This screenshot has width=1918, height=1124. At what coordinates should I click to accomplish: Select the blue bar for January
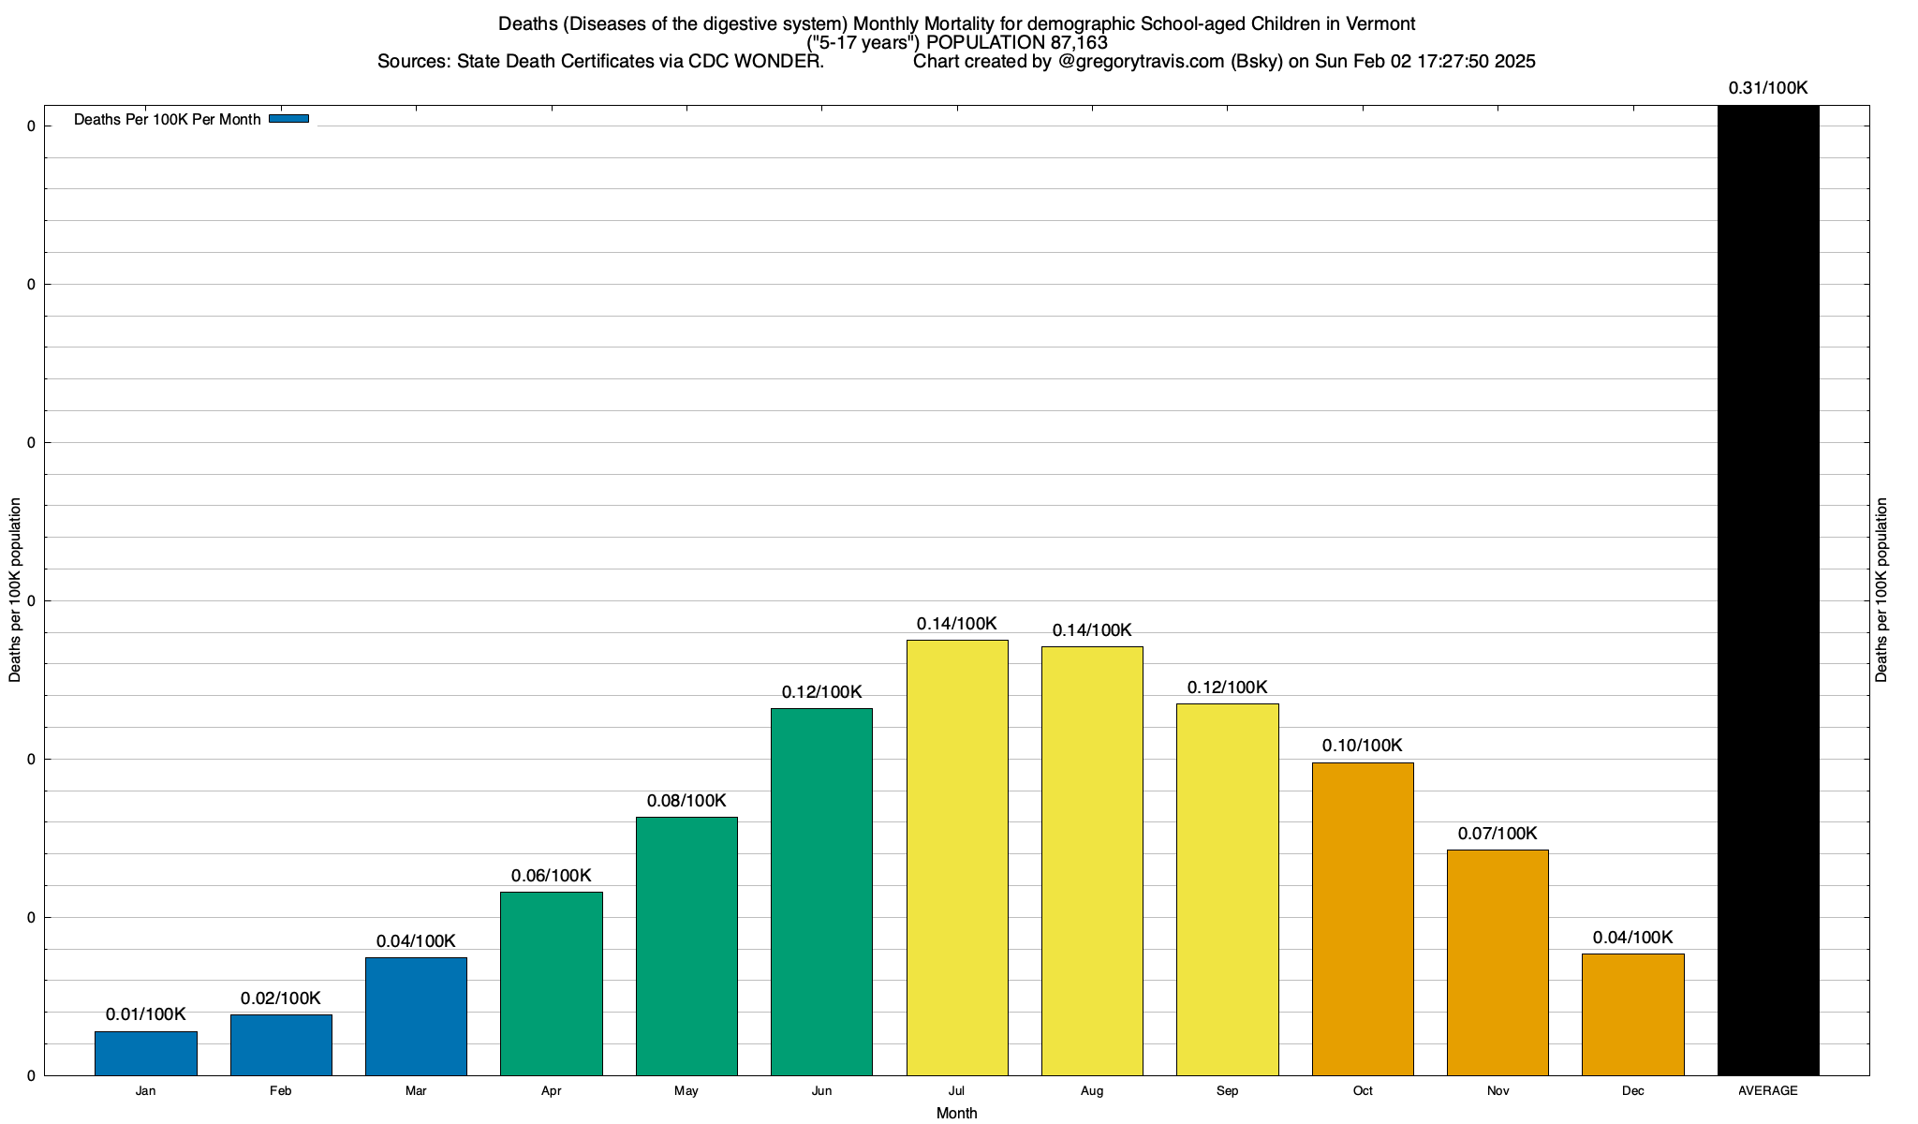click(x=145, y=1053)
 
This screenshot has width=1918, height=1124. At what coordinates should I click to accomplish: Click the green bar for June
click(x=821, y=892)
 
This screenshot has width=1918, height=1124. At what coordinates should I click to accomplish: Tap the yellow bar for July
click(x=957, y=857)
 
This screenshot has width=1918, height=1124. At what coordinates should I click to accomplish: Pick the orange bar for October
click(x=1363, y=919)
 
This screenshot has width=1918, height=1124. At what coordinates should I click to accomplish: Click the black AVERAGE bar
click(x=1768, y=590)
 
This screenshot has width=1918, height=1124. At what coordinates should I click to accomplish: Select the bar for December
click(x=1632, y=1014)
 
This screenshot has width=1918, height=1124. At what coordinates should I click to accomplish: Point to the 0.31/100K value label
click(x=1768, y=88)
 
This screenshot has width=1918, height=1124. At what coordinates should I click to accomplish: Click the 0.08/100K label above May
click(x=686, y=801)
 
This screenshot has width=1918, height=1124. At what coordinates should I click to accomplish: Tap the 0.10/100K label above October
click(x=1363, y=746)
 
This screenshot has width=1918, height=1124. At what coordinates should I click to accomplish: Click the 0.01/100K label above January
click(x=145, y=1014)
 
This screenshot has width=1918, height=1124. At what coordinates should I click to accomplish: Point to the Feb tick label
click(x=280, y=1091)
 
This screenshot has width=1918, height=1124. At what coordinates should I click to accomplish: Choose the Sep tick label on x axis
click(x=1227, y=1091)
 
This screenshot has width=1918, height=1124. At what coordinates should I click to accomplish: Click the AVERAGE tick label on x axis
click(x=1768, y=1091)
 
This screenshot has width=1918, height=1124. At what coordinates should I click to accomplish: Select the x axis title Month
click(x=956, y=1113)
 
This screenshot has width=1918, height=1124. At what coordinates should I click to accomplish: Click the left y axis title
click(x=15, y=590)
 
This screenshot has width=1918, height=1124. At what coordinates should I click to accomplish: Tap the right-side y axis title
click(x=1881, y=590)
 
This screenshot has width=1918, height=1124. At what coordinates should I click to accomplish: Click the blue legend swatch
click(x=288, y=119)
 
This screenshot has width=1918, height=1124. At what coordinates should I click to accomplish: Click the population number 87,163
click(x=1078, y=42)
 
